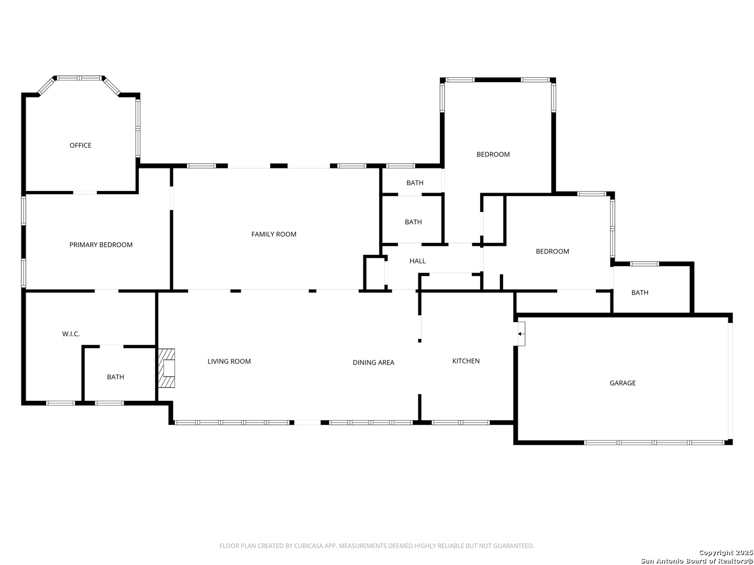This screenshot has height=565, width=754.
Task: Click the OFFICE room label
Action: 81,145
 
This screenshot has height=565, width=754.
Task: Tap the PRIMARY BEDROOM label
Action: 101,245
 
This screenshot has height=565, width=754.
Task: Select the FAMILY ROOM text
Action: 274,234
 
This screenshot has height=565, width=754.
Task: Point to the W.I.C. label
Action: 71,334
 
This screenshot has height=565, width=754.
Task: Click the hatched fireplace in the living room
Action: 167,368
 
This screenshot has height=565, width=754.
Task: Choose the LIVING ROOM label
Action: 229,361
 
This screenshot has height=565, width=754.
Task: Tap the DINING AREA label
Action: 373,363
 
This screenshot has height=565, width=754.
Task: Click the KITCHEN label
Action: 466,361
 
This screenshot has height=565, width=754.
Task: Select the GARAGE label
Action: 623,383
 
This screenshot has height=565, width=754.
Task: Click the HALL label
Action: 418,261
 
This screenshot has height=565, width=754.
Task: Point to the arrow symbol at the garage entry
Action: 520,333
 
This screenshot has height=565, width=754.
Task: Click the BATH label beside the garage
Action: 640,292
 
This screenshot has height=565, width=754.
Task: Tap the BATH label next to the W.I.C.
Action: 116,377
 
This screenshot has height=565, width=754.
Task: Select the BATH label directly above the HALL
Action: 413,222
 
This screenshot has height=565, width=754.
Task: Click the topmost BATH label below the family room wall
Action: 415,183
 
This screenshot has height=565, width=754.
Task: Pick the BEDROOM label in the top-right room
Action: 493,154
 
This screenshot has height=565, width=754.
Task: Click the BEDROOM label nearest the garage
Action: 552,251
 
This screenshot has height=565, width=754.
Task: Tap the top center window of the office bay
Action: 80,78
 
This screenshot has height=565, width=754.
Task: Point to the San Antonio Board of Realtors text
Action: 696,561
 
